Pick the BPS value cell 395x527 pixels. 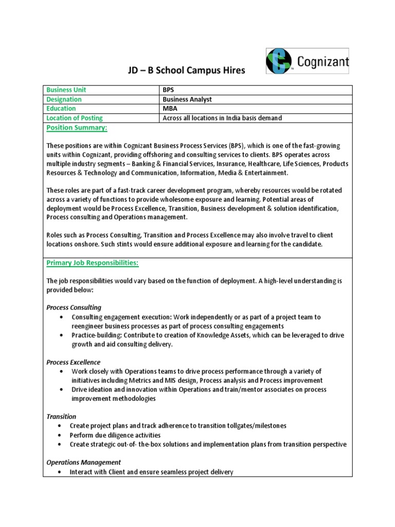pyautogui.click(x=168, y=90)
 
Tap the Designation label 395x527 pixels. pyautogui.click(x=64, y=99)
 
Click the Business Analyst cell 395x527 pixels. pyautogui.click(x=187, y=99)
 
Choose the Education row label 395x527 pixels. pyautogui.click(x=61, y=109)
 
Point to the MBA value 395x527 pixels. pyautogui.click(x=170, y=109)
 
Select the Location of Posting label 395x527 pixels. pyautogui.click(x=75, y=118)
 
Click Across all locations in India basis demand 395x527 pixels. pyautogui.click(x=222, y=118)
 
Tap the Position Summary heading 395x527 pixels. pyautogui.click(x=77, y=128)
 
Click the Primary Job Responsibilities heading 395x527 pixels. pyautogui.click(x=93, y=263)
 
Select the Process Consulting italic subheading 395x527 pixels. pyautogui.click(x=74, y=307)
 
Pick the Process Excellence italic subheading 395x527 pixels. pyautogui.click(x=74, y=362)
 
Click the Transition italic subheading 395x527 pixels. pyautogui.click(x=61, y=416)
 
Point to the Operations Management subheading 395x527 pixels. pyautogui.click(x=84, y=462)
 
